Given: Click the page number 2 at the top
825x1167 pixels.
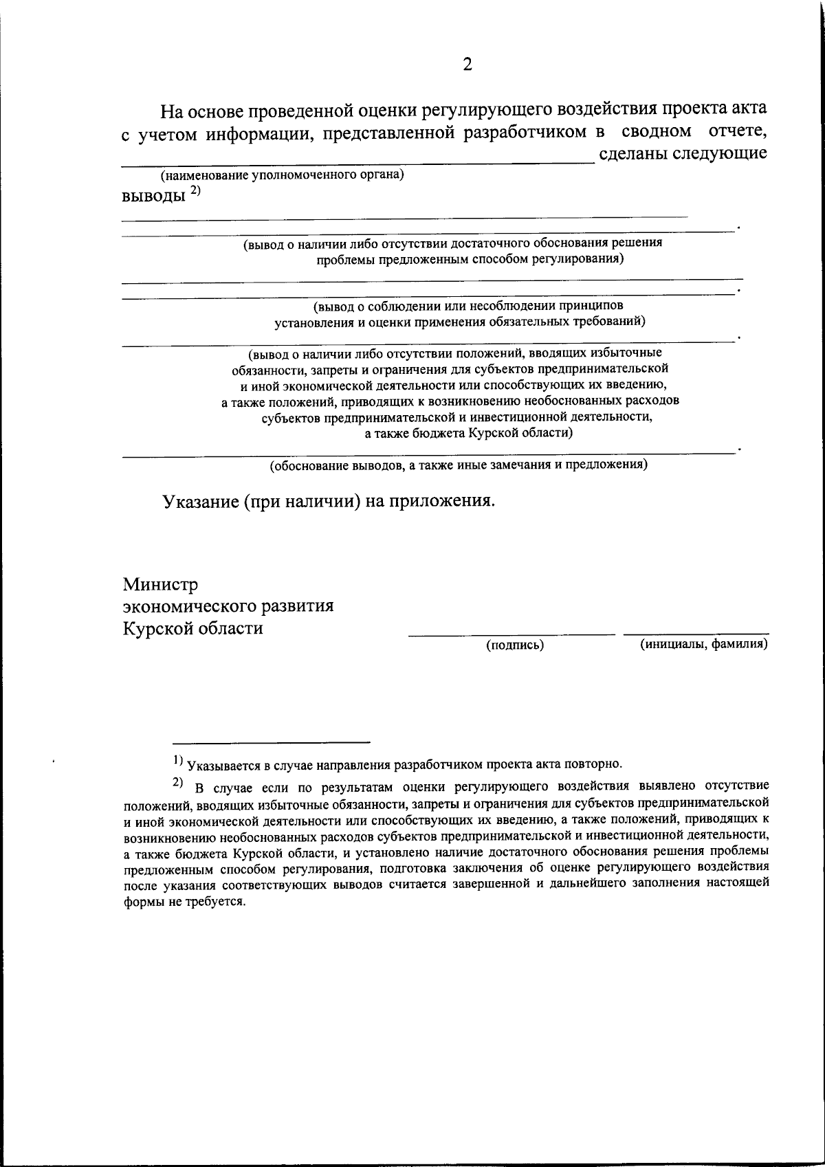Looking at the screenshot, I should (467, 65).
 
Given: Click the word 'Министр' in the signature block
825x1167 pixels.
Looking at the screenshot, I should (160, 585).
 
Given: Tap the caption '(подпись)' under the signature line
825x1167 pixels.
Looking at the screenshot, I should (515, 645).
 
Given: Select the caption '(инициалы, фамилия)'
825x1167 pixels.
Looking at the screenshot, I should (703, 644).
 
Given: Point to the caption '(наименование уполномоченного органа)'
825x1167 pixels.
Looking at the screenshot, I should (282, 175).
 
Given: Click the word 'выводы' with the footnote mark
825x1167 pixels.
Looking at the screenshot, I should (153, 197).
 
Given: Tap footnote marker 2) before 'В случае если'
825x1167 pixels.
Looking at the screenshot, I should (177, 782).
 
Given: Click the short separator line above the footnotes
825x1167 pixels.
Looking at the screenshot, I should (271, 742).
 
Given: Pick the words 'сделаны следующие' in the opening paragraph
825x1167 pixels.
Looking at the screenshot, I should (683, 153).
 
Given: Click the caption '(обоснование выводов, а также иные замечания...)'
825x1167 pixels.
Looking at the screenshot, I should (457, 465).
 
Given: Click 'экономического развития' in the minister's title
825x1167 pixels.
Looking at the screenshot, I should (228, 606).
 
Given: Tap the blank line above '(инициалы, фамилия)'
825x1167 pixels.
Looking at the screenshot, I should (696, 633).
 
